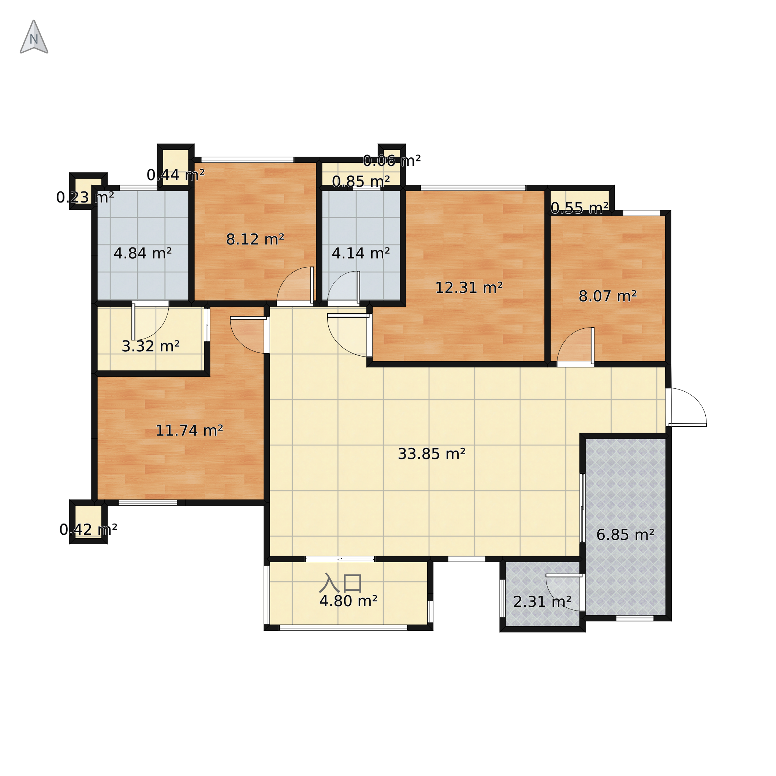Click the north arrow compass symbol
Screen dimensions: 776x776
point(34,37)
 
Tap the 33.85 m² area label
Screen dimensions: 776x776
point(432,454)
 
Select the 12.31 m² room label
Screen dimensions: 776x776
point(469,288)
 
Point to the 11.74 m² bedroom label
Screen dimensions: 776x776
point(189,431)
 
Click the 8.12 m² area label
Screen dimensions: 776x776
point(255,240)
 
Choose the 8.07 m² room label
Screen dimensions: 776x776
point(608,296)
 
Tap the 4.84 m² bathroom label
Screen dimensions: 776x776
point(143,253)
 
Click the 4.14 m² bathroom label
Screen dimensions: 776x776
point(361,253)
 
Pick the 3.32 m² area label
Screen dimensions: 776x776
point(150,346)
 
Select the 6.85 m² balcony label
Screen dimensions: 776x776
point(626,535)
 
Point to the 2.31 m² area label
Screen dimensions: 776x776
point(542,602)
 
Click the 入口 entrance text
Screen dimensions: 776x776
point(341,583)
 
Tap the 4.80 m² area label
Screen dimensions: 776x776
point(348,601)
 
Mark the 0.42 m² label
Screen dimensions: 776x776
point(88,530)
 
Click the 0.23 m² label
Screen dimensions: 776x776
point(85,198)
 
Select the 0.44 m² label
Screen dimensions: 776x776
point(176,175)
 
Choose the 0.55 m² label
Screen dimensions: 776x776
point(579,208)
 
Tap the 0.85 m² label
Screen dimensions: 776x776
point(361,182)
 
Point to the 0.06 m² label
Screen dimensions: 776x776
point(392,161)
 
